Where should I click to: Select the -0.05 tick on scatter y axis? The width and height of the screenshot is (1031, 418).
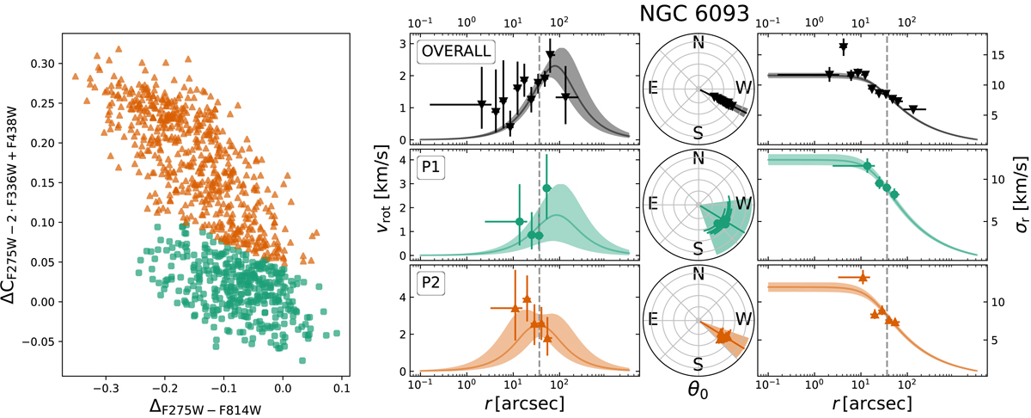point(38,341)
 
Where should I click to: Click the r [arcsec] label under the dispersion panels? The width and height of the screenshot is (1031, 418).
point(869,401)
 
